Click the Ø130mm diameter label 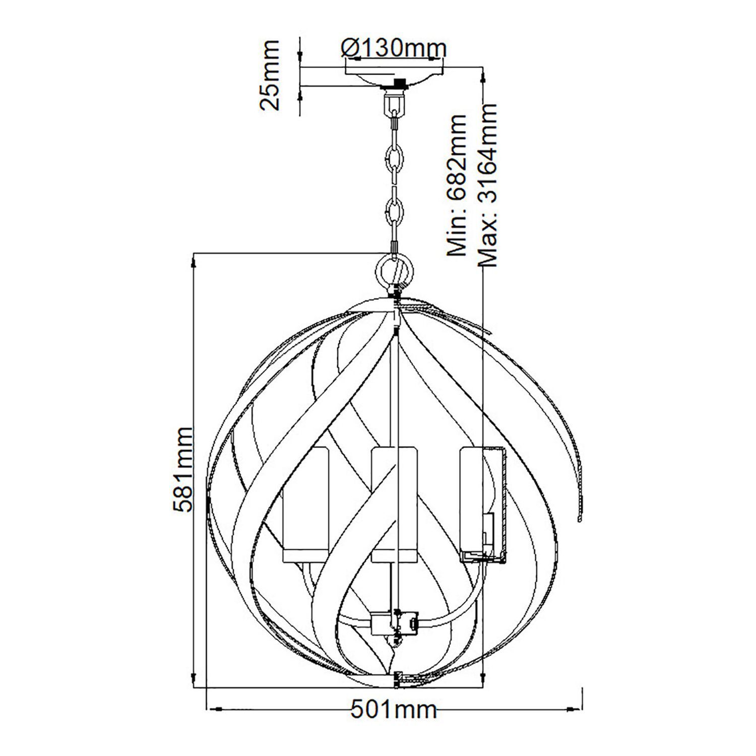[394, 49]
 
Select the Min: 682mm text [458, 185]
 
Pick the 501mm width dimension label [394, 710]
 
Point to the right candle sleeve [483, 504]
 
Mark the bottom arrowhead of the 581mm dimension [196, 678]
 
